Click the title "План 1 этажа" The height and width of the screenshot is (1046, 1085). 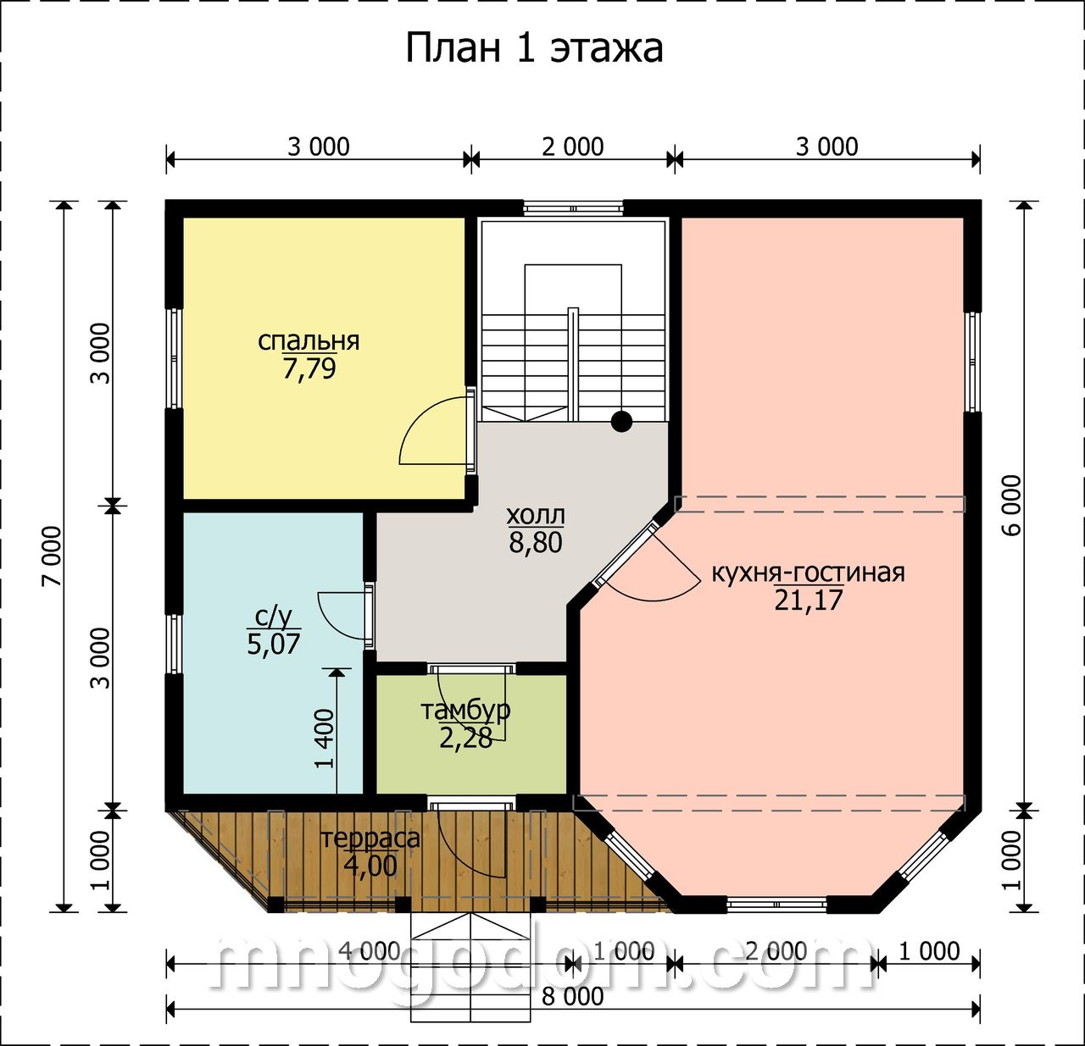tap(533, 48)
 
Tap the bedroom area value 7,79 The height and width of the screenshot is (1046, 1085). tap(309, 368)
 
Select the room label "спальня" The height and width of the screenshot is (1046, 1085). tap(309, 340)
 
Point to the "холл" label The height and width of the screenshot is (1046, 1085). tap(535, 515)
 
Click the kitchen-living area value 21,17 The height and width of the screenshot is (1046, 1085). tap(808, 600)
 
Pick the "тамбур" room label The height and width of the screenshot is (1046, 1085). tap(465, 711)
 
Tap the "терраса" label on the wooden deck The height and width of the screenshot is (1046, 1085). tap(370, 838)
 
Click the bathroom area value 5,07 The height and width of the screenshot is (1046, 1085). tap(273, 645)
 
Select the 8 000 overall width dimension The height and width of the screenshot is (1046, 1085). tap(573, 996)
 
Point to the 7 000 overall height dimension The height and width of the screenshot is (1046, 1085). tap(53, 556)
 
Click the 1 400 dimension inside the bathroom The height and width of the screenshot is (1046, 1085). tap(325, 739)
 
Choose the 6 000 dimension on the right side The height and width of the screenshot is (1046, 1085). tap(1011, 505)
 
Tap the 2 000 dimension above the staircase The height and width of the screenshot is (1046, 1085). tap(573, 147)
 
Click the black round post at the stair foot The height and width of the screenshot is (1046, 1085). tap(621, 422)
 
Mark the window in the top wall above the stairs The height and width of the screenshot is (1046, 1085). tap(573, 208)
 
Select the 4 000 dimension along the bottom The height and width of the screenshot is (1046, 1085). tap(370, 951)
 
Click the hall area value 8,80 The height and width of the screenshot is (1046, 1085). tap(535, 543)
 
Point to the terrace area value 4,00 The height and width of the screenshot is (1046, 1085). tap(370, 866)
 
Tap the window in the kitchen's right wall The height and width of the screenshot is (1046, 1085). tap(973, 362)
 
